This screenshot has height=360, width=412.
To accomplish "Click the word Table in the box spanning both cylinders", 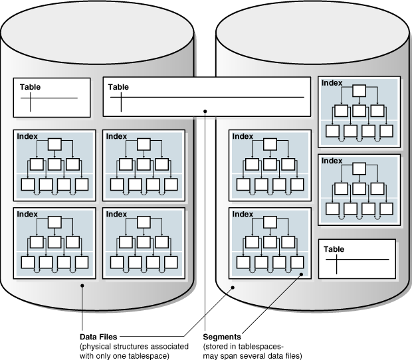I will click(x=118, y=87).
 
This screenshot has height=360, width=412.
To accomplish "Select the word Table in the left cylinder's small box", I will click(x=30, y=87).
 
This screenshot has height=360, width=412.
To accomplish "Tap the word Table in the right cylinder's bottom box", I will click(x=334, y=248).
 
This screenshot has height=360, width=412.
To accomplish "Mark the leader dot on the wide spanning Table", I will click(x=205, y=111).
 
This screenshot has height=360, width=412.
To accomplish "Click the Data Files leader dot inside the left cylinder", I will click(x=82, y=286).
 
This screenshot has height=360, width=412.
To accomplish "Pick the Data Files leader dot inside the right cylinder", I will click(x=232, y=288).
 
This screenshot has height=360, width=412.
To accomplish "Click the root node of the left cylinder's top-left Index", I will click(x=55, y=143).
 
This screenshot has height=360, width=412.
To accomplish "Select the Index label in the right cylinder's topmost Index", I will click(x=332, y=82).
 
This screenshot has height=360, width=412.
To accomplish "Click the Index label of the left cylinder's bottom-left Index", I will click(x=27, y=214).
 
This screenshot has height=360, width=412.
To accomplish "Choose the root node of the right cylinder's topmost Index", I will click(x=360, y=90).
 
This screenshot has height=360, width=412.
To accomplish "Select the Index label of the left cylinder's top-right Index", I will click(x=116, y=135).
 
